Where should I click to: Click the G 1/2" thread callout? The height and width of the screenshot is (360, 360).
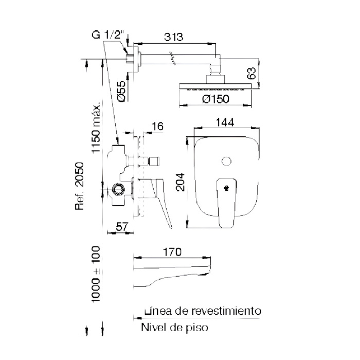tap(107, 35)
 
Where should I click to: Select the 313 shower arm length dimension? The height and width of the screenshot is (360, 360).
tap(174, 37)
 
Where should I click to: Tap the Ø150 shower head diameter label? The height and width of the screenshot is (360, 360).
tap(215, 99)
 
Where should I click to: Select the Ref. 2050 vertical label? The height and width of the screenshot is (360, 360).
tap(80, 186)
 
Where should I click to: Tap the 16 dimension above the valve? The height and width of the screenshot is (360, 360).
tap(157, 127)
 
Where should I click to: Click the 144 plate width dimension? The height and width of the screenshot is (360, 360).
tap(225, 122)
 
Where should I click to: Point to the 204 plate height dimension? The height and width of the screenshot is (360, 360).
tap(180, 182)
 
